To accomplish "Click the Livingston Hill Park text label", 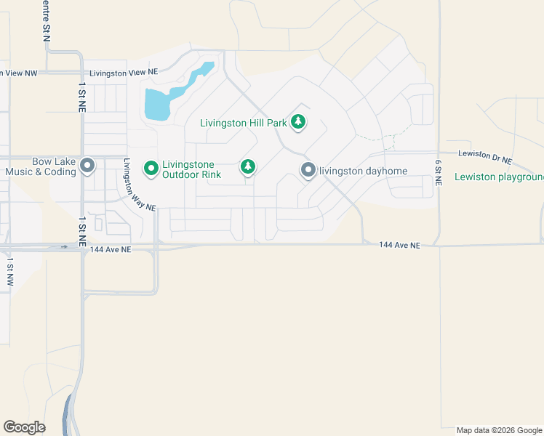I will (244, 123).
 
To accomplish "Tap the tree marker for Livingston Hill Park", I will (297, 122).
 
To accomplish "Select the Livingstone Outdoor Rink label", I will (188, 169).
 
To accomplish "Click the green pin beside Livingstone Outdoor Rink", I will (151, 169).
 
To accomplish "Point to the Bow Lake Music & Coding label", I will (40, 166).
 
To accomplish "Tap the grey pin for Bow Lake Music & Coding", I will (87, 166).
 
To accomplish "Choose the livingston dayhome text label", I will (363, 171).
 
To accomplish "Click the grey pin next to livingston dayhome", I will (308, 170).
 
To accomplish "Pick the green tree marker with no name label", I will (248, 167).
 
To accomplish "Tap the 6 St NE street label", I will (439, 173).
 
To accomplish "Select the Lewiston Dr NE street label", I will (485, 156).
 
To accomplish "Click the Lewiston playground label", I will (499, 177).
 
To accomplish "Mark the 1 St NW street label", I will (10, 270).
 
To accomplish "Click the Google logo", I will (24, 427).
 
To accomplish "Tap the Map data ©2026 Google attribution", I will (499, 430).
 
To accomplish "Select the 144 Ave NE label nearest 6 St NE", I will (399, 246).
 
